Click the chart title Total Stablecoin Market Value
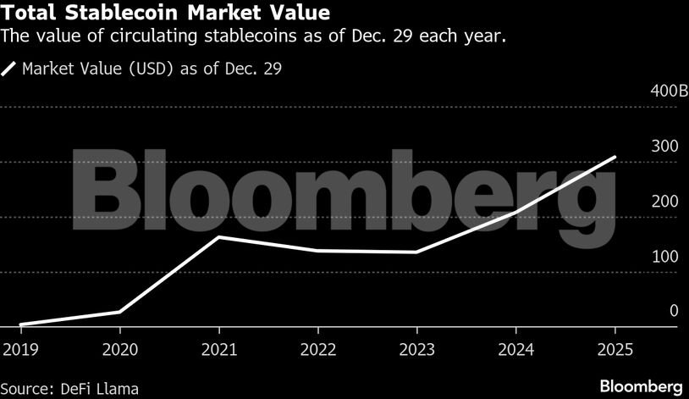(167, 14)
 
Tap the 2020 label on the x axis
(119, 348)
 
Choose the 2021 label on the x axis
(218, 348)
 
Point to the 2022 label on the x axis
(317, 348)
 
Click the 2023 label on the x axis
(416, 348)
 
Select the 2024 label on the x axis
(515, 348)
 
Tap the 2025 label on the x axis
(614, 348)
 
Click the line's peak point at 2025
(614, 158)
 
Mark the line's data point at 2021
(218, 237)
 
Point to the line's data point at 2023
(416, 252)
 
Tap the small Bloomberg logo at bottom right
(641, 386)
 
